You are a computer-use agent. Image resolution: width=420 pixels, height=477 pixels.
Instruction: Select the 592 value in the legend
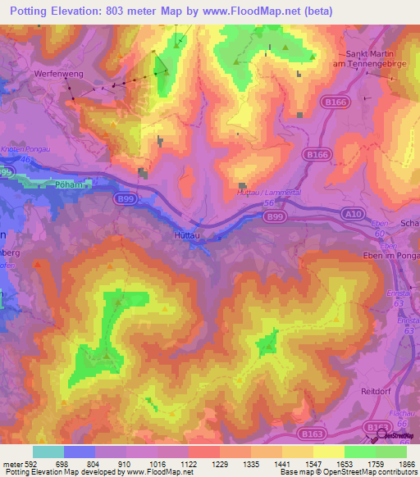30,463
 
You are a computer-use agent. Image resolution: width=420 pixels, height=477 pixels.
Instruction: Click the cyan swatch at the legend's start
48,452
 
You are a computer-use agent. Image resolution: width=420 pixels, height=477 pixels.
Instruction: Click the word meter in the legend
11,463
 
